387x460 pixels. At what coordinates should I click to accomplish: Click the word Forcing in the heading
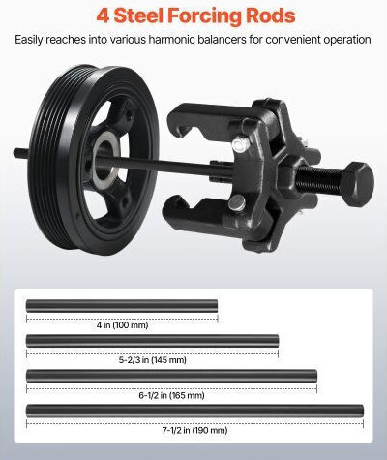click(204, 16)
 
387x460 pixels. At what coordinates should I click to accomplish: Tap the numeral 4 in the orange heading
click(103, 15)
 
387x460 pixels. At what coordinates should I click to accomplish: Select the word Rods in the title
click(270, 15)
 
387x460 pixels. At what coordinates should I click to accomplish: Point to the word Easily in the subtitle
click(29, 40)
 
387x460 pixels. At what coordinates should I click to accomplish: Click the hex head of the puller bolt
click(359, 184)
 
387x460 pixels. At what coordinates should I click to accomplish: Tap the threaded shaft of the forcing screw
click(320, 180)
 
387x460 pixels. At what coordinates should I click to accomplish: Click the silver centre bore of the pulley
click(104, 159)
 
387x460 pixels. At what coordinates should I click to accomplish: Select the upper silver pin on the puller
click(240, 144)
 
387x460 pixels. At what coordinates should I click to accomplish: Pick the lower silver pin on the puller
click(237, 202)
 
